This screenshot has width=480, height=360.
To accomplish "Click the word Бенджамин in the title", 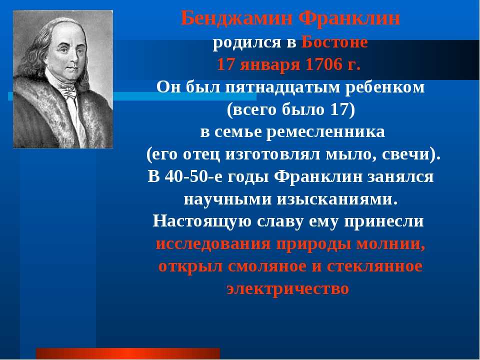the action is pyautogui.click(x=236, y=18).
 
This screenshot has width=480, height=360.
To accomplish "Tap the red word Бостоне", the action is pyautogui.click(x=334, y=42).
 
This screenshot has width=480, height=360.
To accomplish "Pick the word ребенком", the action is pyautogui.click(x=385, y=87).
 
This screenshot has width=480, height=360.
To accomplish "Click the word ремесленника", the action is pyautogui.click(x=325, y=132).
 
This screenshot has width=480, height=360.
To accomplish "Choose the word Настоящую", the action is pyautogui.click(x=202, y=221).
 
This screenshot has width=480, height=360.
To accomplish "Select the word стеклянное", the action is pyautogui.click(x=374, y=266).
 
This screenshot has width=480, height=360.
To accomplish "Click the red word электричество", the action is pyautogui.click(x=288, y=289).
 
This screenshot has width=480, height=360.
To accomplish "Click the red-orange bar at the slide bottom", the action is pyautogui.click(x=128, y=353).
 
